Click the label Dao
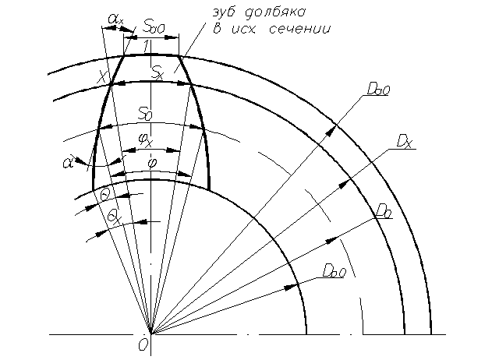pyautogui.click(x=377, y=90)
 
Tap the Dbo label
pyautogui.click(x=333, y=270)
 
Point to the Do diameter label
pyautogui.click(x=382, y=210)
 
